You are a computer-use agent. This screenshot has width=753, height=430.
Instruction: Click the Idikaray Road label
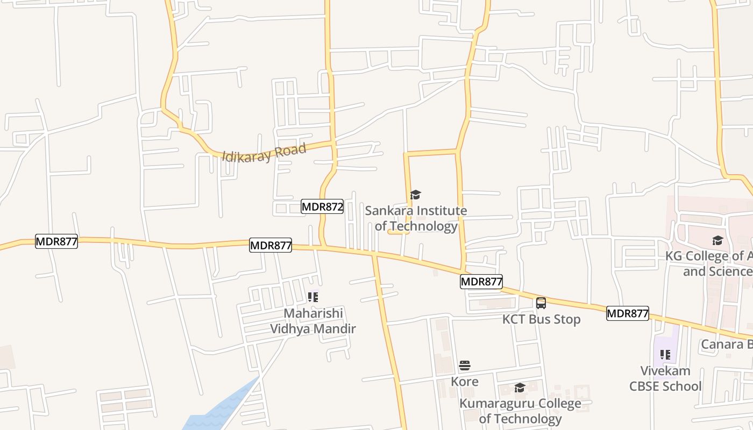click(x=264, y=152)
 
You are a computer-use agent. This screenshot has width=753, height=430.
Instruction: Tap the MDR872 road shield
click(x=322, y=206)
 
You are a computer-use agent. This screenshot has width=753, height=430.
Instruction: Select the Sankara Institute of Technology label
click(x=416, y=218)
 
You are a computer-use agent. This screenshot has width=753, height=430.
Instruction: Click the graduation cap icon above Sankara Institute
click(x=415, y=195)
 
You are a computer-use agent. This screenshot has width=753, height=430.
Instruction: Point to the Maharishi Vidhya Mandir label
click(x=312, y=321)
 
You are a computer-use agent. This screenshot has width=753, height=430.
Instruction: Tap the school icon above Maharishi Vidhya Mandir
click(x=312, y=297)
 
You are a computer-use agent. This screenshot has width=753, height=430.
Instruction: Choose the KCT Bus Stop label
click(x=541, y=319)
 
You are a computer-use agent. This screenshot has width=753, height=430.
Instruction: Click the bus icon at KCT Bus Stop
click(x=541, y=303)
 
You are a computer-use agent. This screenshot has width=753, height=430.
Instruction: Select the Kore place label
click(x=465, y=382)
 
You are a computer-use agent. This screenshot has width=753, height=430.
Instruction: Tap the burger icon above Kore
click(x=465, y=366)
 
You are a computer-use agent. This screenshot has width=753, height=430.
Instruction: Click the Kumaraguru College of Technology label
click(x=520, y=411)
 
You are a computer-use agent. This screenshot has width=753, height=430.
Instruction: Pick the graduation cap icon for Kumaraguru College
click(x=520, y=388)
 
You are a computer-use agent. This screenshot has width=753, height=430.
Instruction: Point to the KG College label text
click(x=709, y=263)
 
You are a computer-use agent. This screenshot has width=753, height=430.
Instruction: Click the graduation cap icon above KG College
click(x=718, y=240)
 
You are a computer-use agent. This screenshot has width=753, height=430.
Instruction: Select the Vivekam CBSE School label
click(x=665, y=378)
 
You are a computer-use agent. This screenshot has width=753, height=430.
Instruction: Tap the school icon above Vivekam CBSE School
click(x=665, y=355)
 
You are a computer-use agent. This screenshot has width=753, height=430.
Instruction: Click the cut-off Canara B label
click(x=726, y=344)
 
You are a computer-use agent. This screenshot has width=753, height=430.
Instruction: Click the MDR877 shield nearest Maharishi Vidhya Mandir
click(x=271, y=246)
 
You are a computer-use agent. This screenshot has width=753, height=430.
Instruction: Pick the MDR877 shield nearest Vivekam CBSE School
click(x=627, y=313)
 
